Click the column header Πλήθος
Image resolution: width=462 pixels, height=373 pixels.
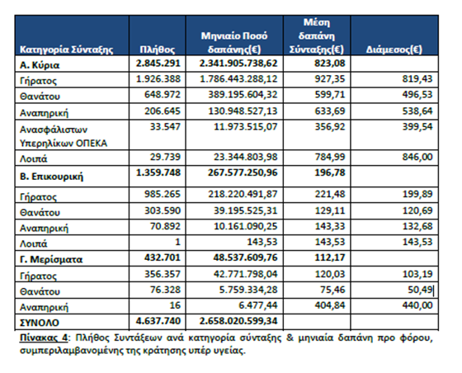tap(157, 50)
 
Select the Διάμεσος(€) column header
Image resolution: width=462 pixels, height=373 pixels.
tap(394, 50)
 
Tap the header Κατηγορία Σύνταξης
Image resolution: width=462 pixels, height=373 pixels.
tap(66, 50)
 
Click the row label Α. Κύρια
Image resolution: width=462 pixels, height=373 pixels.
tap(40, 65)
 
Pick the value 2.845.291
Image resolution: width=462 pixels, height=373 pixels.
tap(158, 63)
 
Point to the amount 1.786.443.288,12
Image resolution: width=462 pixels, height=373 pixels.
tap(238, 79)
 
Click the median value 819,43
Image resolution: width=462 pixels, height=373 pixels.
tap(417, 79)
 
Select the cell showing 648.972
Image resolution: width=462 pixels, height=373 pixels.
tap(162, 95)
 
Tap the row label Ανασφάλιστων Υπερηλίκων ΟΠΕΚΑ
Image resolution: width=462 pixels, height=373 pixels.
tap(64, 136)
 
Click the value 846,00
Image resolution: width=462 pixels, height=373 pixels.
tap(417, 157)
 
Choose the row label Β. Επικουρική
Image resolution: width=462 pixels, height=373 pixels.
tap(51, 177)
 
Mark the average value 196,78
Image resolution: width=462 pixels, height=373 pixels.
tap(330, 172)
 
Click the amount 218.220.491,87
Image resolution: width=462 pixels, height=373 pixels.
tap(243, 194)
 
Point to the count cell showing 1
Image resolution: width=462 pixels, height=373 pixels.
tap(177, 242)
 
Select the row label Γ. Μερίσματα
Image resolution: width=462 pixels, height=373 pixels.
tap(51, 259)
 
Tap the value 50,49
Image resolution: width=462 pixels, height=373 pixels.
tap(420, 290)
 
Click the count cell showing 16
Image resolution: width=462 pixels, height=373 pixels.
tap(175, 305)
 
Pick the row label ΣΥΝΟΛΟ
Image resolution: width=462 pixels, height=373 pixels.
tap(40, 323)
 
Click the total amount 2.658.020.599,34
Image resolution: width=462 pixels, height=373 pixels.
tap(238, 321)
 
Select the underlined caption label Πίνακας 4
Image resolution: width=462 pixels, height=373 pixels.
tap(44, 338)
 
